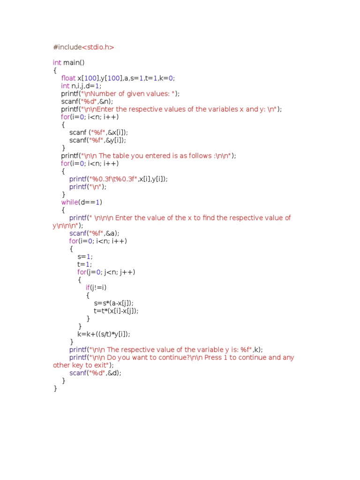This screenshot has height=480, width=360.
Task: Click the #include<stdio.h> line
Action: (83, 47)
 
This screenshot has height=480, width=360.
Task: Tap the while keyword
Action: (70, 202)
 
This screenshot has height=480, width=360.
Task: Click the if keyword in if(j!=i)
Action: (88, 287)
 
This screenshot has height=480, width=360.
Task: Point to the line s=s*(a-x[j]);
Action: (117, 303)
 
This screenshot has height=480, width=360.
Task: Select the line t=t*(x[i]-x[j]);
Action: (116, 310)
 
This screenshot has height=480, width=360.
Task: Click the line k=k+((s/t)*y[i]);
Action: (104, 334)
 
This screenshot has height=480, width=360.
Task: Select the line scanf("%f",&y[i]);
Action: (98, 140)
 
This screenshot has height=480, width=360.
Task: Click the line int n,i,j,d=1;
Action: (81, 86)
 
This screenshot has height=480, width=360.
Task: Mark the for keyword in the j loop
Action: (82, 272)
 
